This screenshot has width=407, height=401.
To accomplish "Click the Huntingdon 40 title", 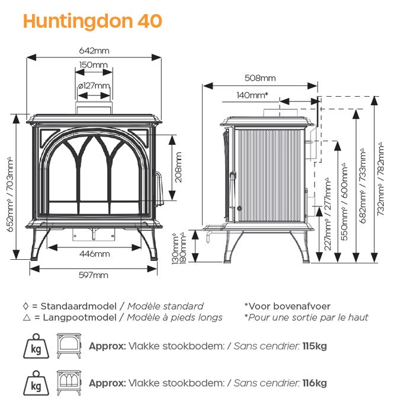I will [92, 21].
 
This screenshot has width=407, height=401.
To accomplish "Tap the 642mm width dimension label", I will [95, 51].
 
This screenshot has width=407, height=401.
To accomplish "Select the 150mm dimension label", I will [93, 65].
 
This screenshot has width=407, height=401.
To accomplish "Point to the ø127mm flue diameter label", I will [94, 85].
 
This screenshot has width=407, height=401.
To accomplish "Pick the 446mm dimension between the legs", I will [94, 254].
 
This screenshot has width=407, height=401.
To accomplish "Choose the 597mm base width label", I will [94, 275].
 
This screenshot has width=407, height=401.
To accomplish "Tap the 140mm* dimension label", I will [252, 95].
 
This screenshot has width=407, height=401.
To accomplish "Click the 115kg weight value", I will [315, 346].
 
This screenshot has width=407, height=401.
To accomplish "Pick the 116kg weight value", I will [315, 383].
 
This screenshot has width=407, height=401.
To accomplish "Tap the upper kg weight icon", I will [34, 345].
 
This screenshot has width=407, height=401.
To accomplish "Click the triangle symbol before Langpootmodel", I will [25, 317].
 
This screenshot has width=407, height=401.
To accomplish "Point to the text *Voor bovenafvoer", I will [287, 306].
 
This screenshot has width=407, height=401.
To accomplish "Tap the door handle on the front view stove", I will [159, 188].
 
